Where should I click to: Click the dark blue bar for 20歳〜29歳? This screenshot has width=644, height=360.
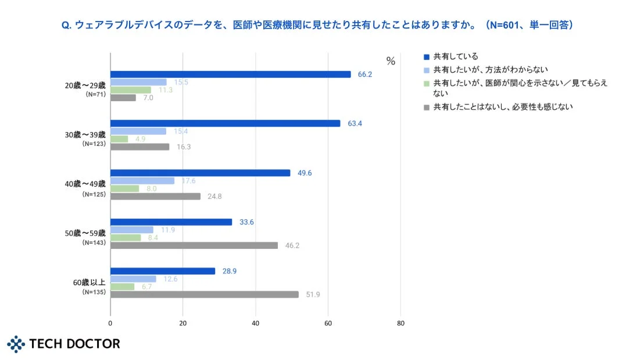(230, 74)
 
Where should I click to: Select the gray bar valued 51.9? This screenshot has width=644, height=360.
(204, 294)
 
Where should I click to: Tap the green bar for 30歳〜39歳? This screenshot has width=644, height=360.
(119, 139)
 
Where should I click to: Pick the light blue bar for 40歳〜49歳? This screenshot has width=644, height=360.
(142, 181)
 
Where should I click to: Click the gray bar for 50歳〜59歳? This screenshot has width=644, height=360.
(194, 245)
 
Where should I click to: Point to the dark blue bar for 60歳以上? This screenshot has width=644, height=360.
(163, 271)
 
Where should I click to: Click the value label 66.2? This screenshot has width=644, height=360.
(364, 74)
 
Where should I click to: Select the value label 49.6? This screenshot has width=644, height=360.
(304, 173)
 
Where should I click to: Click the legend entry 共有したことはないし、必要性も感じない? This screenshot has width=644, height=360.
(503, 107)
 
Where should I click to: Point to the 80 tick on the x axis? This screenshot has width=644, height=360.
(400, 323)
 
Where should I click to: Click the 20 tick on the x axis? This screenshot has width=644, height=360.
(183, 323)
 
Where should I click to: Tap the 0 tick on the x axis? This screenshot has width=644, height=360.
(110, 323)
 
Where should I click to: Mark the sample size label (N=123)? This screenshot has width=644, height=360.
(94, 144)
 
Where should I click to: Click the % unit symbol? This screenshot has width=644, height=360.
(391, 61)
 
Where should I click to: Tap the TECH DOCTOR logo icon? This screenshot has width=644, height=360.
(17, 344)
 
